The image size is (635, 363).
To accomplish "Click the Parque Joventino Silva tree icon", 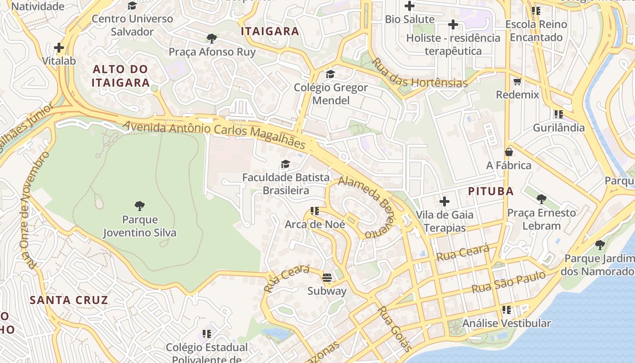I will click(140, 206).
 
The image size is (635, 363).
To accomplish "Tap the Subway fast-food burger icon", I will click(327, 277).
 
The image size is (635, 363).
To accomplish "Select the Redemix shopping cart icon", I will click(517, 82).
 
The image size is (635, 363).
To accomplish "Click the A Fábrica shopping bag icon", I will click(509, 152).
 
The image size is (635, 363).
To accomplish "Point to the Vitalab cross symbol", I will click(59, 47).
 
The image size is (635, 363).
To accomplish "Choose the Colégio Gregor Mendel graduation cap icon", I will click(330, 74).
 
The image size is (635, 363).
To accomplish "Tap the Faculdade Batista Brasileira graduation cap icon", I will click(285, 164).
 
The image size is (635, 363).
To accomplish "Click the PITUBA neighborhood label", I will click(491, 191).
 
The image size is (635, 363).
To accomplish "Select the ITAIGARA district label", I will click(270, 31).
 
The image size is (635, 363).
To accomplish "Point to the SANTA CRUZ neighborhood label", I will click(69, 300).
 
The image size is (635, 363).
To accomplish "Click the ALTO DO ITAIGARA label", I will click(121, 76).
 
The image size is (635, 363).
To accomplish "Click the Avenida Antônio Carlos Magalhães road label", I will click(214, 134).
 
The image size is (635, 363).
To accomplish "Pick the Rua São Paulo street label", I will click(508, 282).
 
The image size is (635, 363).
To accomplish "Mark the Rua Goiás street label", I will click(395, 329).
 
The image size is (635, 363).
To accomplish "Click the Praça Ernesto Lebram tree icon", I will click(541, 199).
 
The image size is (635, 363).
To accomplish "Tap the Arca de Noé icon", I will click(315, 211).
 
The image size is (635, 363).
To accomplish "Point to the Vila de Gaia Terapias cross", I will click(444, 201).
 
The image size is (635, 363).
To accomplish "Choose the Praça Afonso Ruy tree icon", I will click(211, 38).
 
